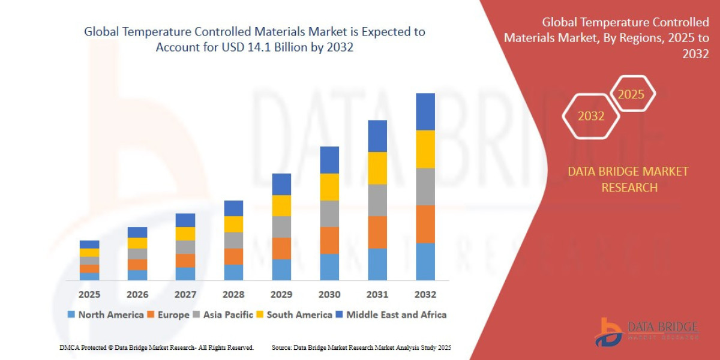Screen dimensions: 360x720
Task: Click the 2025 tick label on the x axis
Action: pos(89,295)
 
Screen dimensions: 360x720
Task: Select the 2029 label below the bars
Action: pos(281,295)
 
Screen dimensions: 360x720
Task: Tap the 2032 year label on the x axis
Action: pos(425,295)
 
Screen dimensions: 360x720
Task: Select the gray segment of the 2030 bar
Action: pos(329,214)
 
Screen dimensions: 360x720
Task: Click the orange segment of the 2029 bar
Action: pos(281,248)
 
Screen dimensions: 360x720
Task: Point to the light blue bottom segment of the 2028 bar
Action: pos(233,272)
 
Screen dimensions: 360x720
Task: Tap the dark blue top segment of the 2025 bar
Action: pos(89,244)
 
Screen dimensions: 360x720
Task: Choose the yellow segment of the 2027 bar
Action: pos(185,233)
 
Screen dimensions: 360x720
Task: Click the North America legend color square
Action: pos(72,314)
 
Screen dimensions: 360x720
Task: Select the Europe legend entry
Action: pos(172,314)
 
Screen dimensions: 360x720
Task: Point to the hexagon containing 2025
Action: pos(632,94)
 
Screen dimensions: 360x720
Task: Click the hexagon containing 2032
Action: pos(591,116)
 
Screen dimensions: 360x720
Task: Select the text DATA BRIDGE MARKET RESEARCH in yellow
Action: pos(628,179)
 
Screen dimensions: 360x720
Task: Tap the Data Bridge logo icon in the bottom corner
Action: pos(608,332)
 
